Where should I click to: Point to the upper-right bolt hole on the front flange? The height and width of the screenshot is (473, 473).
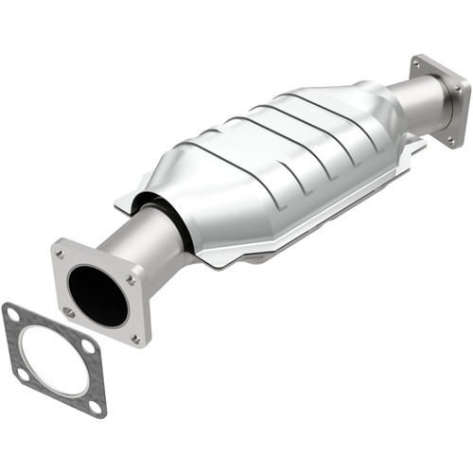131,279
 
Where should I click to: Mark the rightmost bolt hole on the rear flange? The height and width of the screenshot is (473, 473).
461,89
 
